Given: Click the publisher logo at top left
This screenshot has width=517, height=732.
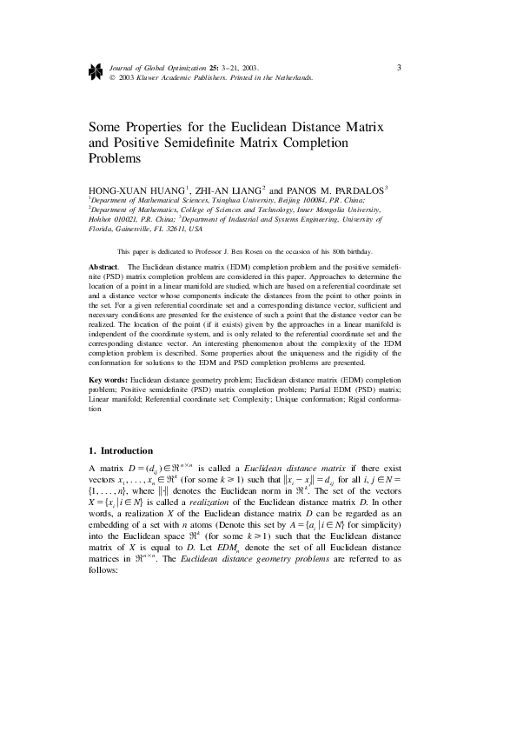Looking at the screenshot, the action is click(95, 70).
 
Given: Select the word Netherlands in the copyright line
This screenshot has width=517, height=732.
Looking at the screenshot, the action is click(291, 77).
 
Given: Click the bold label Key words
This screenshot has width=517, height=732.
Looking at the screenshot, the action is click(109, 381).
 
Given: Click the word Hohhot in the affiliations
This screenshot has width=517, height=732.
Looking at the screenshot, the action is click(104, 219).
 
